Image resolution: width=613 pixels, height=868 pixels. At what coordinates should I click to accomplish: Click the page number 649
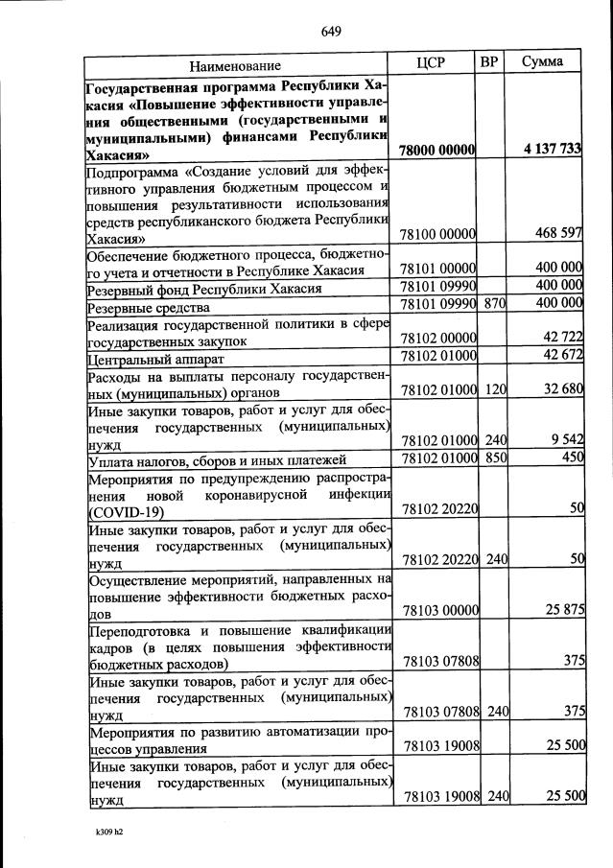[332, 31]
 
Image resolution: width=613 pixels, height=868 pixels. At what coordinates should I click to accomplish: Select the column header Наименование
[235, 66]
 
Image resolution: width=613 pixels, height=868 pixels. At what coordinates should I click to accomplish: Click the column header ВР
[489, 63]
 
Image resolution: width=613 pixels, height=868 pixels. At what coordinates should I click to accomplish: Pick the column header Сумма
[542, 63]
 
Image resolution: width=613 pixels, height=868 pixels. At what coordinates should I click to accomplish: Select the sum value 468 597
[561, 233]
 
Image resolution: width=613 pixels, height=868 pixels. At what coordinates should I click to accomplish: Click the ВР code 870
[494, 304]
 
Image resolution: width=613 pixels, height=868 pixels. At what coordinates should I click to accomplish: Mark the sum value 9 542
[568, 440]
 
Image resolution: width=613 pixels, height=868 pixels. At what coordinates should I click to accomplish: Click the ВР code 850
[494, 458]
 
